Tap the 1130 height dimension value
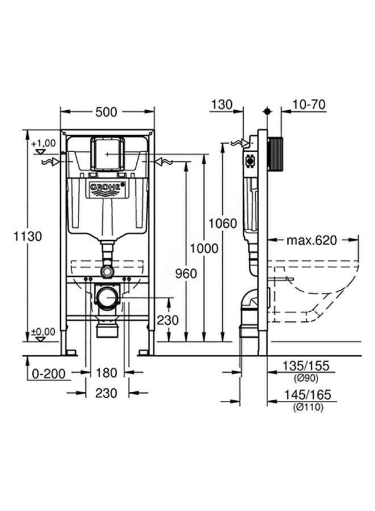click(28, 237)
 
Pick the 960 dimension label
click(185, 274)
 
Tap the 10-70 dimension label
click(309, 104)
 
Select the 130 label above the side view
click(222, 104)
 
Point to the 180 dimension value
click(106, 372)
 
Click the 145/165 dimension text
click(307, 394)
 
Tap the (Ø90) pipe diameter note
click(306, 378)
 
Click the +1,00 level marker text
click(44, 143)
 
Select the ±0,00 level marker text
click(43, 332)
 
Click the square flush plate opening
click(106, 153)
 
